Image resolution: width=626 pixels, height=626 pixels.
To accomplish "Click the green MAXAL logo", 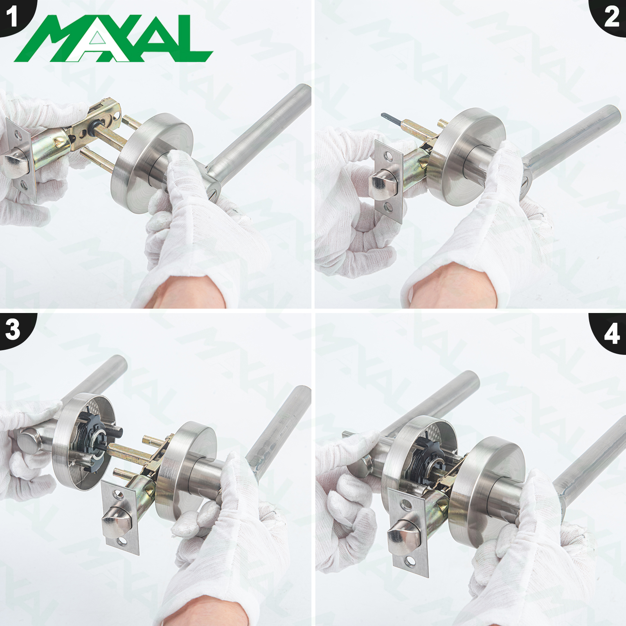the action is click(113, 38).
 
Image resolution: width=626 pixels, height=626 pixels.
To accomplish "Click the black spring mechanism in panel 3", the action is click(94, 440).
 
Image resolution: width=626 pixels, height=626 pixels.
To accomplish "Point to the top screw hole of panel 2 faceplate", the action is click(387, 157).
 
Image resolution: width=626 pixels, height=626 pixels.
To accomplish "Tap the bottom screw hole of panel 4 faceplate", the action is click(410, 563).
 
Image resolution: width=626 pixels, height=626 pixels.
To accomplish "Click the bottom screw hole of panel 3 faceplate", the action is click(123, 542).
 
